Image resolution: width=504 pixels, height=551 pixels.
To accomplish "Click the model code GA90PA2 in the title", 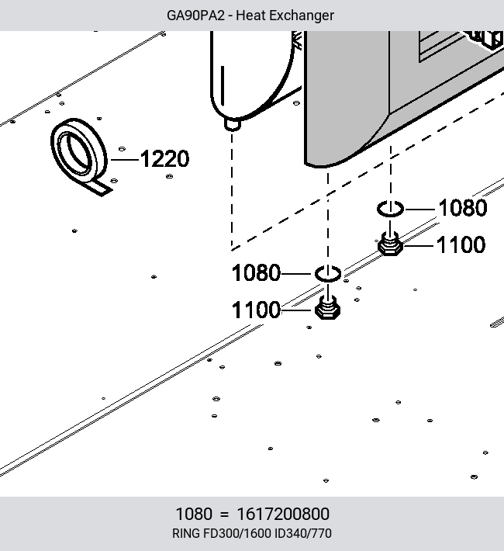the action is pyautogui.click(x=195, y=16).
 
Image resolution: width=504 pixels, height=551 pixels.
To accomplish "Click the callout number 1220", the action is pyautogui.click(x=164, y=159).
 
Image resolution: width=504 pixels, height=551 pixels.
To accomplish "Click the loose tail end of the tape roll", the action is pyautogui.click(x=102, y=189).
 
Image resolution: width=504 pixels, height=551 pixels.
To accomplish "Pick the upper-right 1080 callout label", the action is pyautogui.click(x=463, y=208).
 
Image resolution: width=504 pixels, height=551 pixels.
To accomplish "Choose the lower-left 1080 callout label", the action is pyautogui.click(x=256, y=273).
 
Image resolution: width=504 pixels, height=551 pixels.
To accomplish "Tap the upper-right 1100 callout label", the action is pyautogui.click(x=461, y=245).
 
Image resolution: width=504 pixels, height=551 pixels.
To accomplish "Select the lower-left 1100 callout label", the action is pyautogui.click(x=256, y=310).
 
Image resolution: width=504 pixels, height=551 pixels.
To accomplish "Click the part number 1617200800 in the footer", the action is pyautogui.click(x=283, y=514).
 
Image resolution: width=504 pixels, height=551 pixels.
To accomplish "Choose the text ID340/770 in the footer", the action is pyautogui.click(x=302, y=533).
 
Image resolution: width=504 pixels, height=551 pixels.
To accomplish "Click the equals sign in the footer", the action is pyautogui.click(x=224, y=515).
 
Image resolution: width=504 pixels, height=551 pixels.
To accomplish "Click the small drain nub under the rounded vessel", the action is pyautogui.click(x=232, y=124).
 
